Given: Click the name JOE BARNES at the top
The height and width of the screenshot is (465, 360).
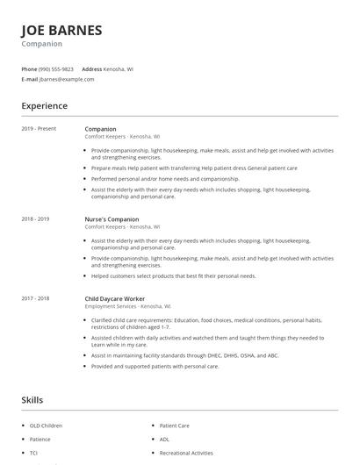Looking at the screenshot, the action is point(61,30).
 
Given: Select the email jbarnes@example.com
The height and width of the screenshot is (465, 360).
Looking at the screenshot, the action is point(67,79).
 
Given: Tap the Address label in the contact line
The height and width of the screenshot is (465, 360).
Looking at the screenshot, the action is point(91,68).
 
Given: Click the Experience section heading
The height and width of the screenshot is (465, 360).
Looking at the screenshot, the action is point(44,106).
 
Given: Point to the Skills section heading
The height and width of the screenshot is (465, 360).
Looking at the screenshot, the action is point(32,400).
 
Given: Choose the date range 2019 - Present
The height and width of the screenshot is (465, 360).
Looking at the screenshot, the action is point(39,129).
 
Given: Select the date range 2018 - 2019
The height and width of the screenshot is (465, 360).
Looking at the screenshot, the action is point(35,218).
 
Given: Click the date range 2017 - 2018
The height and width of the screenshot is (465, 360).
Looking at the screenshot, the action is point(35,298).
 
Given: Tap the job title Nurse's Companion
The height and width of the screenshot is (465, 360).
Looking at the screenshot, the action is point(112,218).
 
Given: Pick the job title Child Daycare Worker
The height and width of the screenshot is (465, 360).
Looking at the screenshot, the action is point(115,298).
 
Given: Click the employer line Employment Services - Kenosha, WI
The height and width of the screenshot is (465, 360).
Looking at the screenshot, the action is point(127,306).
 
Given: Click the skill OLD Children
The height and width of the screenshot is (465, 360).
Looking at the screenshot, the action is point(46,426).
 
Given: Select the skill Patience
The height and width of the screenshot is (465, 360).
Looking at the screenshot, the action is point(40,439).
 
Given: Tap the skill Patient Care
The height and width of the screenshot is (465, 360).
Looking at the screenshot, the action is point(174,426).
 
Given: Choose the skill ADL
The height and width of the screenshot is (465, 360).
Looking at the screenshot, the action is point(164,439).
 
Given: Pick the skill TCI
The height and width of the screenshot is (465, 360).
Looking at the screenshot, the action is point(33,453).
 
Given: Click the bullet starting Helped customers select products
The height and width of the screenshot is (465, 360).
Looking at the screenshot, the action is point(173,275).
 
